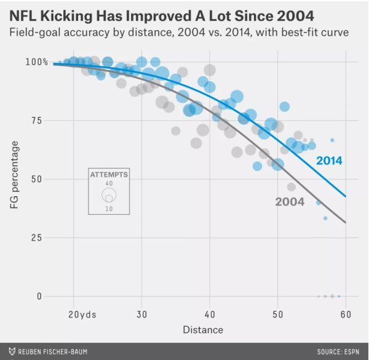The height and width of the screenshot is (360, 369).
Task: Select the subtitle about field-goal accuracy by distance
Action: (x=179, y=31)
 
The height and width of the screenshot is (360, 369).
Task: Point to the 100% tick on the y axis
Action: (x=37, y=62)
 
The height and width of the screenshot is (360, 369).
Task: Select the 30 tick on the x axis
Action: (x=142, y=314)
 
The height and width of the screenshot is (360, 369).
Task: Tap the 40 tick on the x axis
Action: (x=210, y=314)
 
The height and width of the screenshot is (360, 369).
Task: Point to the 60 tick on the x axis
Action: (x=345, y=314)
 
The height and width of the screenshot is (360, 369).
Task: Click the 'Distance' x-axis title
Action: (x=203, y=330)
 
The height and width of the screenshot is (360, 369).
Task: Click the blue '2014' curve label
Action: (x=329, y=161)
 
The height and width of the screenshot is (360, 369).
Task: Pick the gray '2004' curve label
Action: (x=290, y=201)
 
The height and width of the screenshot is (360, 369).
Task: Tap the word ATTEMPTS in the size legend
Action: (x=109, y=175)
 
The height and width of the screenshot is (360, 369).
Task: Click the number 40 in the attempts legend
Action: (x=109, y=183)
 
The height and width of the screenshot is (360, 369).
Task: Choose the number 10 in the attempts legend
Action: (x=109, y=209)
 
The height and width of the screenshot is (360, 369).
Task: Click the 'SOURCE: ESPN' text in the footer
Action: (x=338, y=351)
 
